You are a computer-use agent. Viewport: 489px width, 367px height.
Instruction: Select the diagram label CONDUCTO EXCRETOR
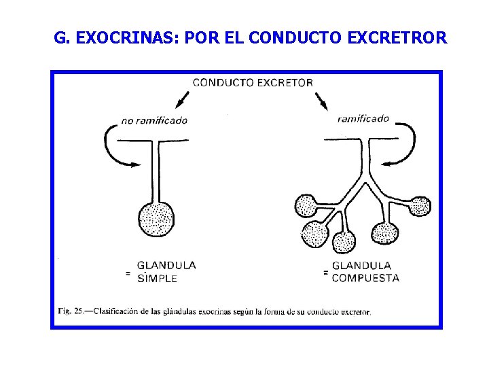pos(253,83)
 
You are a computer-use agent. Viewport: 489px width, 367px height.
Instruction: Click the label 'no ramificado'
pos(154,121)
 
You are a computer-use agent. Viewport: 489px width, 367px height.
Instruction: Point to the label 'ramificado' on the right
pos(363,118)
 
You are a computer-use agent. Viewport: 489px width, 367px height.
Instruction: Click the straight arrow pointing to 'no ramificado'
pos(181,100)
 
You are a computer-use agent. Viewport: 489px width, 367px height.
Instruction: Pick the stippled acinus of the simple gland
pos(156,218)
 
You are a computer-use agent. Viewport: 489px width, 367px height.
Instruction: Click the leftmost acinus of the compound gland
pos(306,205)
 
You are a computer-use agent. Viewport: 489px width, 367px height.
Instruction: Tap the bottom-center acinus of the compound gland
pos(344,241)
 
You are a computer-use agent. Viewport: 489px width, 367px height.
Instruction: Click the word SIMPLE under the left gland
pos(157,277)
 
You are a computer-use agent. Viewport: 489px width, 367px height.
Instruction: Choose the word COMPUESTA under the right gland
pos(365,277)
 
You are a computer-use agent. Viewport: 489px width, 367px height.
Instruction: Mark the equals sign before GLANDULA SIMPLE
pos(127,273)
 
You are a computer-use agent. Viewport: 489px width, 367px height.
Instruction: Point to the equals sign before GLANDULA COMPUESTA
pos(326,273)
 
